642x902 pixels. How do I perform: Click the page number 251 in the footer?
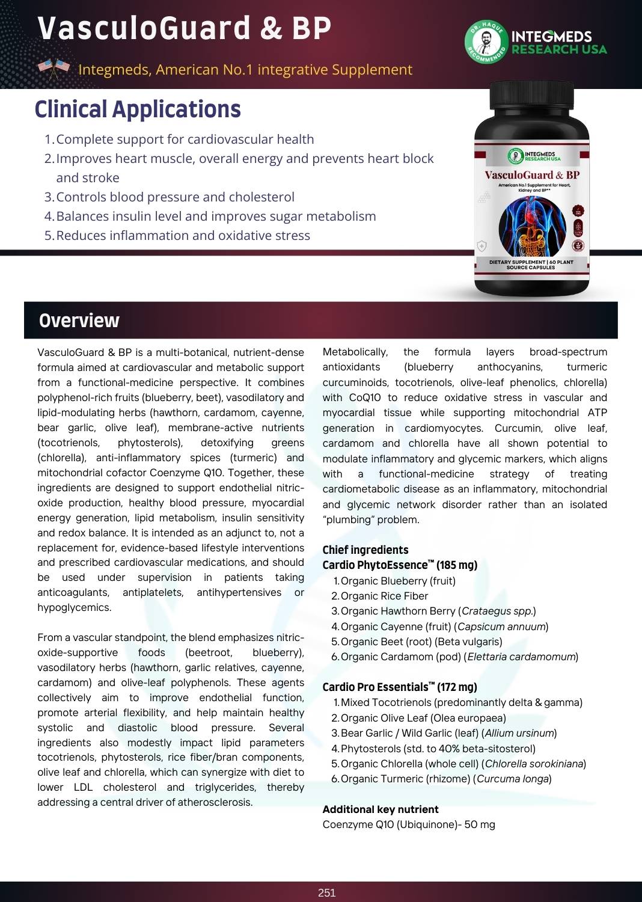click(326, 893)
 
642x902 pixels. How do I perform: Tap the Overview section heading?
click(79, 321)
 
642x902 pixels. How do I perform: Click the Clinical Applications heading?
click(138, 109)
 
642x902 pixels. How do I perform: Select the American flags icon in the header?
click(53, 69)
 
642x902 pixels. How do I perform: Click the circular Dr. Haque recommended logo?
click(486, 43)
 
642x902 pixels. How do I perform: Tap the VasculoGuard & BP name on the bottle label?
click(532, 175)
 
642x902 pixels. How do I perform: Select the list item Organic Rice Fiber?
click(384, 596)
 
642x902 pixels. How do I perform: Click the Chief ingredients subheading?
click(365, 550)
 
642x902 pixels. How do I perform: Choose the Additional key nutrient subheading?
click(381, 809)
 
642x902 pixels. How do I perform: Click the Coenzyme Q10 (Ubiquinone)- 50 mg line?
click(409, 824)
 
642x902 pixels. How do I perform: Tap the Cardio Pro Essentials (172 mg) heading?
click(400, 687)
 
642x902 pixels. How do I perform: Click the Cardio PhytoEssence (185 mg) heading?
click(400, 565)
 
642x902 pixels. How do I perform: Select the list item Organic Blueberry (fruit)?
click(397, 581)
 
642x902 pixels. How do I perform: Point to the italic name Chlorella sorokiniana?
click(534, 764)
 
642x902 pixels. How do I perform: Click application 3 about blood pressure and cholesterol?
click(175, 197)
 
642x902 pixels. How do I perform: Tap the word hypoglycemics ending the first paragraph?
click(74, 607)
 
